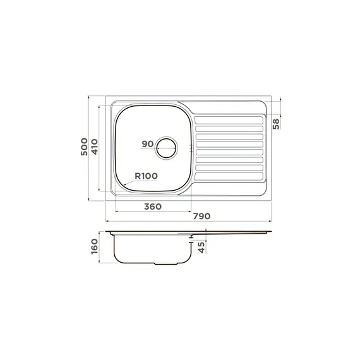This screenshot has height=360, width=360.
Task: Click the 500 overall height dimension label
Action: [84, 147]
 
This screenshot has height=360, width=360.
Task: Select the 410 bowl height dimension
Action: [94, 147]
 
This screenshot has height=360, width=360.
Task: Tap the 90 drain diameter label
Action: [147, 144]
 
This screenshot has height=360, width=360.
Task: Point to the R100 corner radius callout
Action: [146, 176]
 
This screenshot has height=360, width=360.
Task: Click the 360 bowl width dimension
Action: [153, 207]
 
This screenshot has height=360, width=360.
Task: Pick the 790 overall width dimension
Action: [201, 216]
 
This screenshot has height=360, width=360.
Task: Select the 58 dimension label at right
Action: [276, 124]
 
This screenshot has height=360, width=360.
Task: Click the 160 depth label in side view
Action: [95, 246]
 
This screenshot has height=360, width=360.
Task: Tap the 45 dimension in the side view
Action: [201, 248]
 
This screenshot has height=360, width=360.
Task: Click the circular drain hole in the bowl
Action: [167, 139]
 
